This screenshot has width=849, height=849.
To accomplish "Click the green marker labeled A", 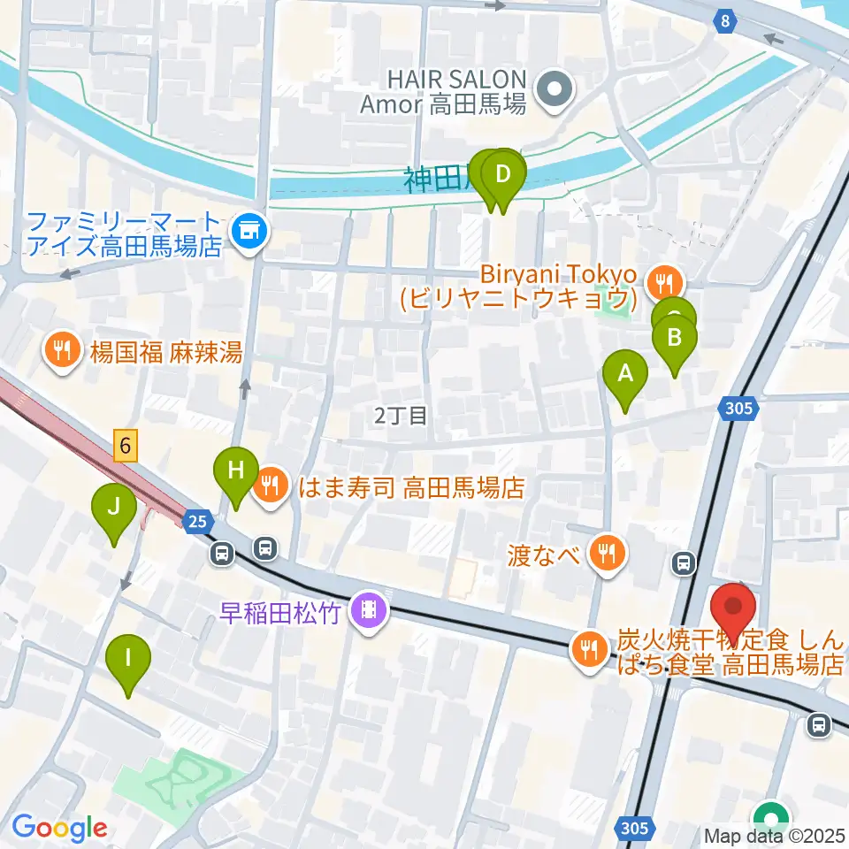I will [x=625, y=374].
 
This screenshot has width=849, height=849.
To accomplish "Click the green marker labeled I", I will [x=129, y=659].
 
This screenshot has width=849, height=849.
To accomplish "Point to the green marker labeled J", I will [x=114, y=509].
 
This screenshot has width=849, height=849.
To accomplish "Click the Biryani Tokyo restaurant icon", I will [x=662, y=284].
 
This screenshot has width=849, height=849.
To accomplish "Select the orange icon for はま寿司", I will [x=270, y=486].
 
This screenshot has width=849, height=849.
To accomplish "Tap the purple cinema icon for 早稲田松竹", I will [x=364, y=610].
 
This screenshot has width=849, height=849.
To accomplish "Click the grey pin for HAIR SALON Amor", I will [x=555, y=88].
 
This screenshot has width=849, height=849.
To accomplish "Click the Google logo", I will [x=59, y=828].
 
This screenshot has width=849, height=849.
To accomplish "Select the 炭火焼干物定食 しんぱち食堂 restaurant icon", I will [x=587, y=651].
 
